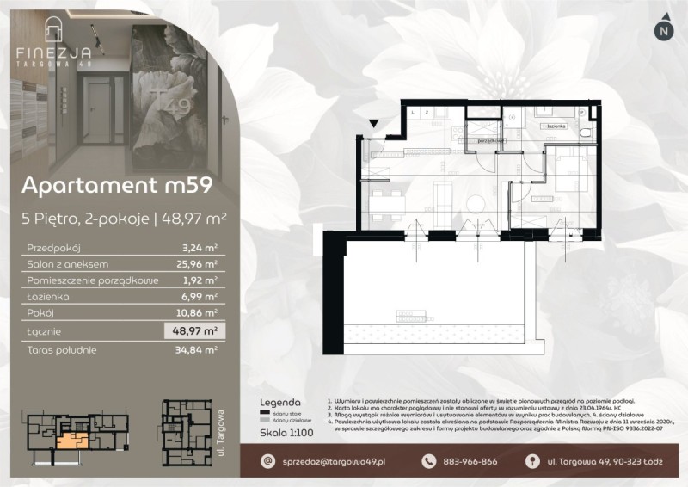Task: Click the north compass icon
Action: pyautogui.click(x=662, y=30)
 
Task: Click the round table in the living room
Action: pyautogui.click(x=476, y=202)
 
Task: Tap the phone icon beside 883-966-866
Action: pyautogui.click(x=429, y=463)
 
